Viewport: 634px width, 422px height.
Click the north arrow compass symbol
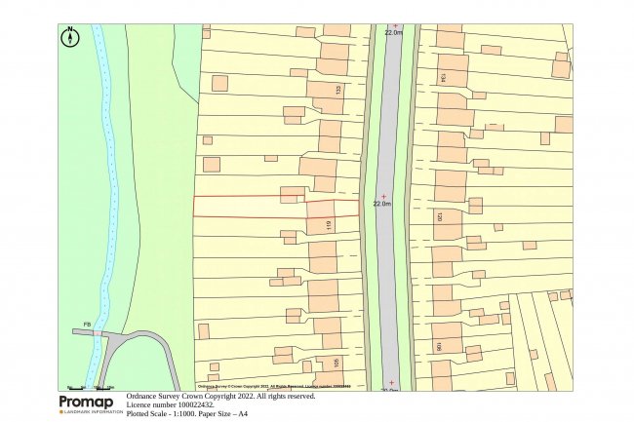click(x=70, y=38)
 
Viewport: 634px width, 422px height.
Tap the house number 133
click(x=337, y=91)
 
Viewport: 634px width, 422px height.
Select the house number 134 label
click(x=443, y=77)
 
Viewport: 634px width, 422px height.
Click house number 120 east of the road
click(x=441, y=218)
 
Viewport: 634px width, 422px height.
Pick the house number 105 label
click(x=337, y=364)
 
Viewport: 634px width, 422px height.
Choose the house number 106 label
click(x=440, y=346)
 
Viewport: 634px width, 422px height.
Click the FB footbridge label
click(x=87, y=324)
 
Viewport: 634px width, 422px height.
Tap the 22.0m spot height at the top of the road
click(x=395, y=32)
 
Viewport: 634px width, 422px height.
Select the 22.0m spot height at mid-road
click(x=382, y=205)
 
